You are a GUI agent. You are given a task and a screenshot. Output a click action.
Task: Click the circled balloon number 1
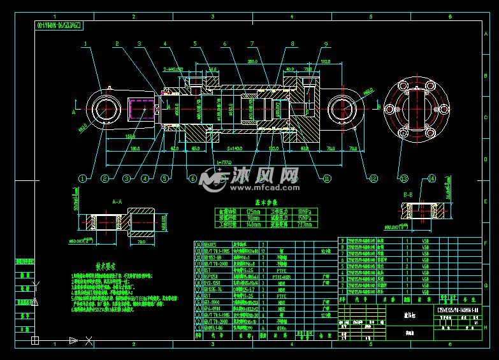[x=84, y=178]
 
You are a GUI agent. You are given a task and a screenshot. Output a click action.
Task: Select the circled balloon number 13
[x=403, y=178]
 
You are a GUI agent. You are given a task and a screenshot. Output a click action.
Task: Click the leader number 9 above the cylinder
[x=325, y=44]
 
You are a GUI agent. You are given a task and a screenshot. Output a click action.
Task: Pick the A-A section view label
[x=117, y=201]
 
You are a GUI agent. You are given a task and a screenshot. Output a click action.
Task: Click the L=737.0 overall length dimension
[x=224, y=164]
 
